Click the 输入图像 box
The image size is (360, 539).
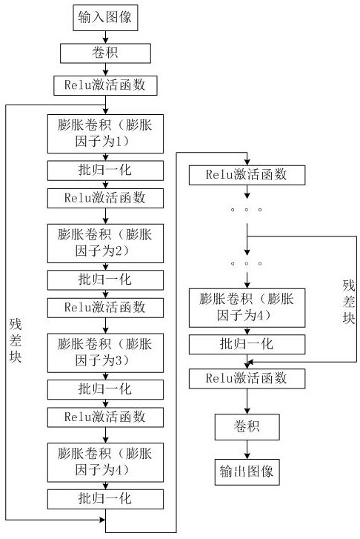(x=105, y=18)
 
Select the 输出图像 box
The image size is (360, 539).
(x=247, y=472)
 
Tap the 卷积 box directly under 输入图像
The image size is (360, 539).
(x=105, y=53)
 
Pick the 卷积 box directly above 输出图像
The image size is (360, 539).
(x=247, y=427)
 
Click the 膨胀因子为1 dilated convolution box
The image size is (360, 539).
(x=105, y=133)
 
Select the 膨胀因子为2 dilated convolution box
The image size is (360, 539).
(x=105, y=243)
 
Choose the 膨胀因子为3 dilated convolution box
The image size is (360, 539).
(x=105, y=353)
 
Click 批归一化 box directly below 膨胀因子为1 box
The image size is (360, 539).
(x=105, y=171)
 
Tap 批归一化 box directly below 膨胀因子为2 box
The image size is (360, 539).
(x=105, y=280)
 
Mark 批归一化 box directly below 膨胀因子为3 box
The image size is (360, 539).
(x=105, y=389)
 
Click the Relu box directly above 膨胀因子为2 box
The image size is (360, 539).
(x=105, y=199)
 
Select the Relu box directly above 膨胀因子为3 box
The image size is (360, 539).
(x=105, y=308)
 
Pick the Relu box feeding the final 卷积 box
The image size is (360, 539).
(x=247, y=379)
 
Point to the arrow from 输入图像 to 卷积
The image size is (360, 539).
(x=105, y=37)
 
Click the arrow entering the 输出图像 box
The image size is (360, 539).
(x=247, y=449)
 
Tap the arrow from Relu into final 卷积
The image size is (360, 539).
(x=247, y=401)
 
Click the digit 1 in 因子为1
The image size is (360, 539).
(x=118, y=142)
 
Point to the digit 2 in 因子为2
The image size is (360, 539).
(x=118, y=251)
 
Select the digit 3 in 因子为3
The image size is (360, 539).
(x=118, y=360)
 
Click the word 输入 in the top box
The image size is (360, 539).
(x=91, y=17)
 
